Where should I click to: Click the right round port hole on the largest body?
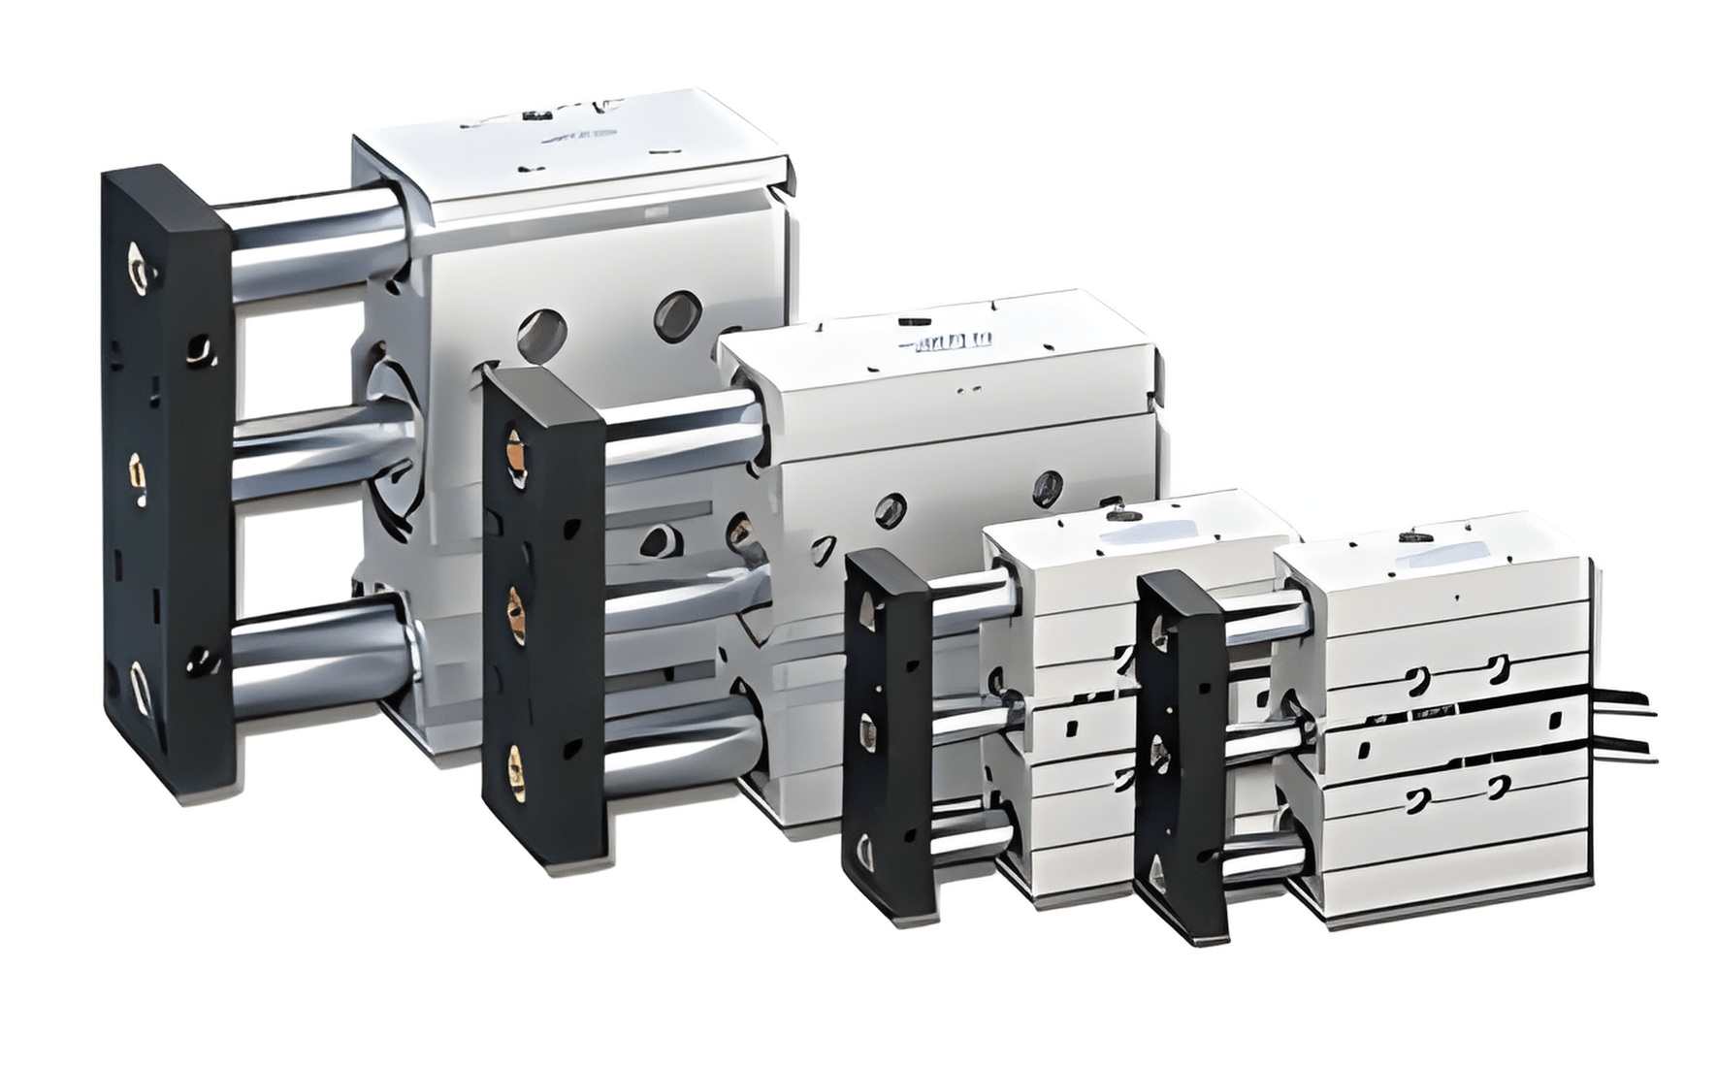pos(676,313)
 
